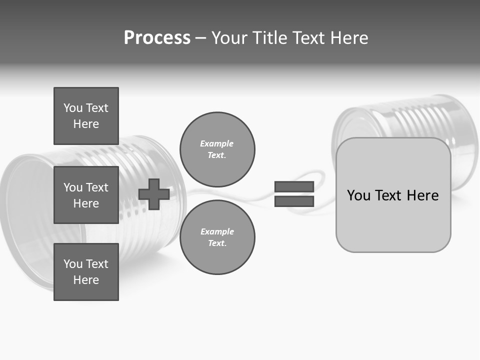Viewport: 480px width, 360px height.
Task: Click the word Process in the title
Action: pyautogui.click(x=157, y=38)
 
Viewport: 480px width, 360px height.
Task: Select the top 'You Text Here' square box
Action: pyautogui.click(x=86, y=116)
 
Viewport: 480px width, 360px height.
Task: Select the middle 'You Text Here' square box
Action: pyautogui.click(x=86, y=195)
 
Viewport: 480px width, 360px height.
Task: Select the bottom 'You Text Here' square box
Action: pyautogui.click(x=86, y=271)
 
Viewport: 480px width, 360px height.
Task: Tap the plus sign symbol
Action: pyautogui.click(x=154, y=194)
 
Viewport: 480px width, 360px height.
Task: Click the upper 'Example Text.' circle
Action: pyautogui.click(x=217, y=149)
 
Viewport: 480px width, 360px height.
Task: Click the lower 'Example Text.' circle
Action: pyautogui.click(x=217, y=237)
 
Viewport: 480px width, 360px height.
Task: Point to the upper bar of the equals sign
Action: pyautogui.click(x=294, y=186)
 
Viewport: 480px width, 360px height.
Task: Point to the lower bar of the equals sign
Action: pyautogui.click(x=294, y=201)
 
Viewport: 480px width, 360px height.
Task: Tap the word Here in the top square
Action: pyautogui.click(x=86, y=124)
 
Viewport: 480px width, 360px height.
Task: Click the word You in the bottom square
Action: pyautogui.click(x=73, y=263)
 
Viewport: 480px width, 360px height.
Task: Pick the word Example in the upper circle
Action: pyautogui.click(x=216, y=143)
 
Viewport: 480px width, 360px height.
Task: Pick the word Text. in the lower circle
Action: pyautogui.click(x=217, y=243)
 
